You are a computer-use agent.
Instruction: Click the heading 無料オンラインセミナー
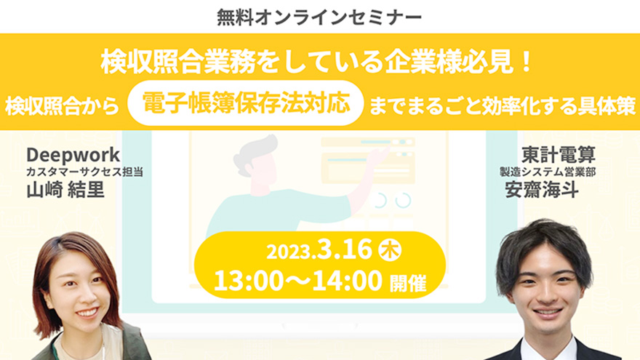click(x=319, y=17)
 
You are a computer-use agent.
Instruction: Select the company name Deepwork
click(x=73, y=155)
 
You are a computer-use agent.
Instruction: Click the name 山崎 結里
click(x=65, y=190)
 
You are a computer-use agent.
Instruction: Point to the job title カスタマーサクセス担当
click(x=84, y=172)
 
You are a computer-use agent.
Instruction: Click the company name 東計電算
click(x=559, y=155)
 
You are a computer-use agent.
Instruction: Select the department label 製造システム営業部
click(x=548, y=172)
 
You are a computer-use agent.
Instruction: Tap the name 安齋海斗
click(x=542, y=189)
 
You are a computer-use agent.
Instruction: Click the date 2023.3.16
click(x=319, y=249)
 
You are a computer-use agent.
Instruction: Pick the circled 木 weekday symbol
click(x=391, y=250)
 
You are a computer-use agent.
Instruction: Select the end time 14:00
click(x=348, y=281)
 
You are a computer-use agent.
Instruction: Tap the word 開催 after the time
click(x=408, y=283)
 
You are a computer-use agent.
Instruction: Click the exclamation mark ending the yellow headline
click(x=527, y=62)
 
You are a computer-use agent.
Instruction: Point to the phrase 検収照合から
click(x=62, y=105)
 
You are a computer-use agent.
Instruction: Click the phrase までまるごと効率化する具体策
click(x=503, y=105)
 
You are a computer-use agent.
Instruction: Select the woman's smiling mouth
click(x=87, y=313)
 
